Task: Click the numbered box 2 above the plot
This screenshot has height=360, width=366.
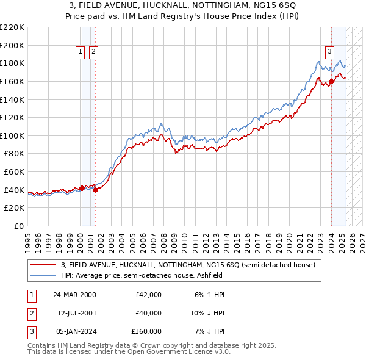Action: click(x=93, y=52)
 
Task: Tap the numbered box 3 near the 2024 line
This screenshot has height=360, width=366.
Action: click(x=329, y=52)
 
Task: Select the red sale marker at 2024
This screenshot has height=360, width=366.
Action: click(x=331, y=81)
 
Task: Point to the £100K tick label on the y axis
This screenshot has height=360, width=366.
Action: click(x=12, y=135)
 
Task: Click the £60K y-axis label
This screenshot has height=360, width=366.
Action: click(x=14, y=171)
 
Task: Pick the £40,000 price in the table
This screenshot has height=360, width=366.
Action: click(x=148, y=313)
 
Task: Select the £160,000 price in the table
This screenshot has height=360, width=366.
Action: click(x=146, y=331)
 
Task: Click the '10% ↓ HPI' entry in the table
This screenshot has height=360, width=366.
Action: click(x=206, y=313)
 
